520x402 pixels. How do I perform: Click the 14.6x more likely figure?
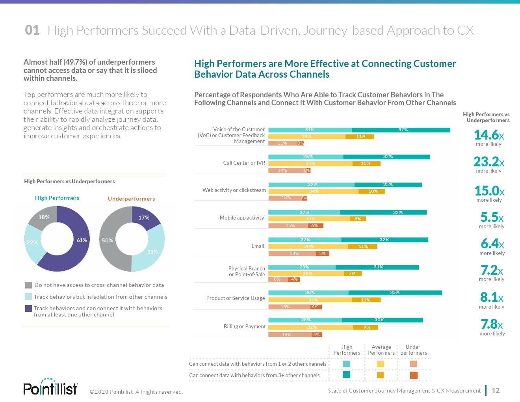coord(489,135)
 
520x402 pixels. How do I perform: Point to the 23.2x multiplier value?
coord(489,162)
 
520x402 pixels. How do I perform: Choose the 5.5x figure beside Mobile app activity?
coord(492,218)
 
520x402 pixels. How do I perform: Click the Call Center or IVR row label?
coord(244,163)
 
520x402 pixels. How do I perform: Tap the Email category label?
coord(258,246)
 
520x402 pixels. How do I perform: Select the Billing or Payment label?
coord(245,326)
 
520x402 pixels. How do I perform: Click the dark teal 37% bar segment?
coord(401,130)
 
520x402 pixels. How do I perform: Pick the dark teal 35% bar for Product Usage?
coord(395,293)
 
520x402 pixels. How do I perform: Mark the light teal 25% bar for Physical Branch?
coord(302,267)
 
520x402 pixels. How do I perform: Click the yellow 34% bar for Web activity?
coord(314,192)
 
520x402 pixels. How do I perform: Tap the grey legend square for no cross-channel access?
coord(28,285)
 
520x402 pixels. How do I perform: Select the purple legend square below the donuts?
coord(28,308)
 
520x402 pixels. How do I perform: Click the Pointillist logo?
coord(50,387)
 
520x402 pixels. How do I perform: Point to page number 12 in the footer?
coord(496,391)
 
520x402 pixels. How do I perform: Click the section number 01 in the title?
coord(32,30)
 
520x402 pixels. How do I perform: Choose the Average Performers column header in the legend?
coord(381,350)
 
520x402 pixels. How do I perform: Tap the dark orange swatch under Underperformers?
coord(414,375)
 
